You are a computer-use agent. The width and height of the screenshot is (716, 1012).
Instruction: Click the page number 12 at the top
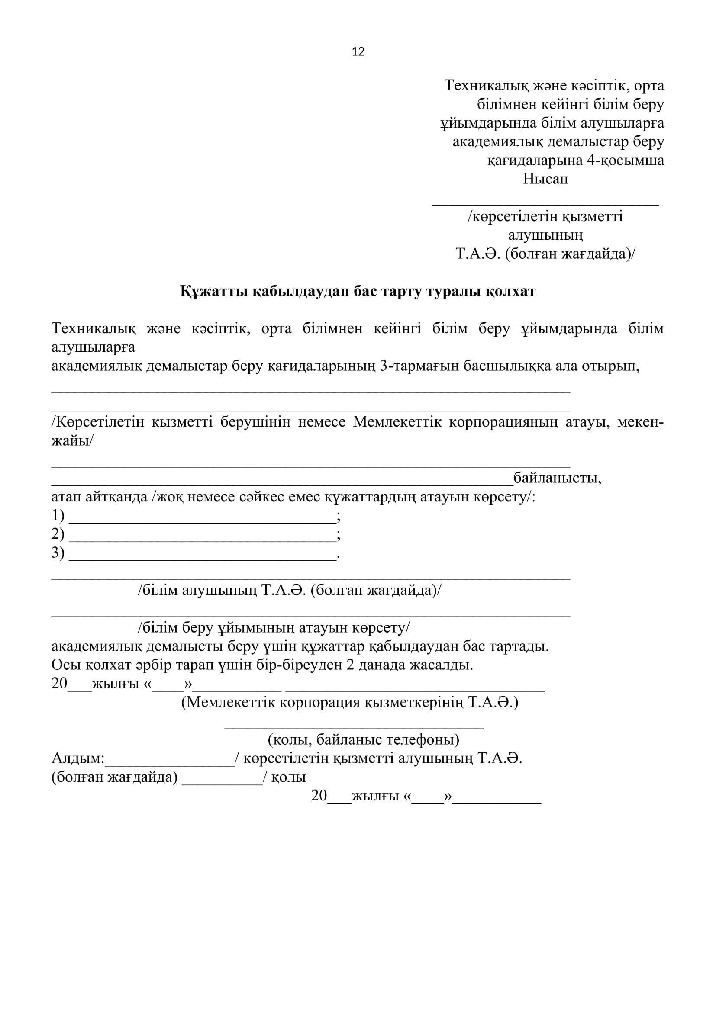pyautogui.click(x=358, y=52)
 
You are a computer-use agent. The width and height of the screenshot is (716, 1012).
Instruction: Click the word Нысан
pyautogui.click(x=545, y=179)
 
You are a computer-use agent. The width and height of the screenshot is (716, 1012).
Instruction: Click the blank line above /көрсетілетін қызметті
pyautogui.click(x=545, y=204)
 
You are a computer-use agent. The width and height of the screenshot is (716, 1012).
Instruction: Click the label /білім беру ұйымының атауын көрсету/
pyautogui.click(x=274, y=628)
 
